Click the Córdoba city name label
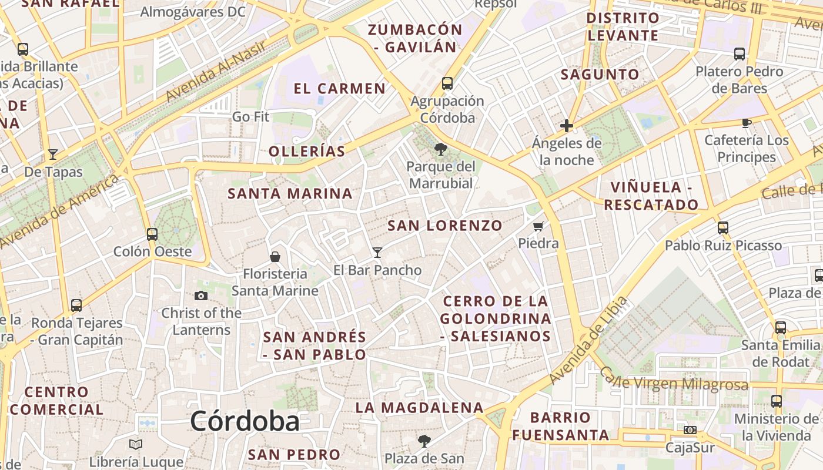point(245,421)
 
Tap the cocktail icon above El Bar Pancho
point(377,253)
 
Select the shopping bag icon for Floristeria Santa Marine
point(275,257)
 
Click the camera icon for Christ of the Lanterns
point(201,296)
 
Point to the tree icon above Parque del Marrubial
point(440,149)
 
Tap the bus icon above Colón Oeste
point(152,234)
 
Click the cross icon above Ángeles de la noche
point(567,126)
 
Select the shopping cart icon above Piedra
point(538,226)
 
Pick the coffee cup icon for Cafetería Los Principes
point(746,123)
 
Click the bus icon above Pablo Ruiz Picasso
point(723,227)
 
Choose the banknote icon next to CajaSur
point(690,430)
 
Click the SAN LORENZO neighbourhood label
point(445,226)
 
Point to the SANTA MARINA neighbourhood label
point(290,193)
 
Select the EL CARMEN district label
point(339,89)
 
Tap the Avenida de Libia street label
point(588,340)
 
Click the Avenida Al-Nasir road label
point(217,70)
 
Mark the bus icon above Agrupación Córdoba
point(447,83)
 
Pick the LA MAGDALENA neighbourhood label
point(419,408)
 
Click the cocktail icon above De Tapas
point(53,155)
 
